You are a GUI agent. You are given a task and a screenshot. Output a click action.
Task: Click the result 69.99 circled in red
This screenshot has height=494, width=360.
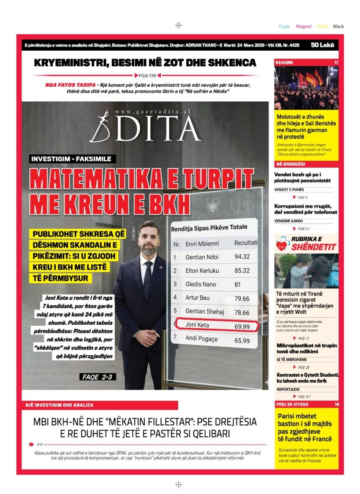pos(242,325)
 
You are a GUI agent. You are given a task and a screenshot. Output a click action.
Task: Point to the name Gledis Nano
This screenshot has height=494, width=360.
pos(201,284)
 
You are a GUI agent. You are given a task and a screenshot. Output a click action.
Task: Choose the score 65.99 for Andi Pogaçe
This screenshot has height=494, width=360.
pos(242,340)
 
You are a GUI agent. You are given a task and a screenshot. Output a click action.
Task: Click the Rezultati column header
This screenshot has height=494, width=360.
pos(246,242)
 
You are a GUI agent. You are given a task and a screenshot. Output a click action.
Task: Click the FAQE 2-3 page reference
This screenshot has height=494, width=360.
pos(98,377)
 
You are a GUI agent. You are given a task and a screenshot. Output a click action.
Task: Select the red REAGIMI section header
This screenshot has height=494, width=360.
pos(285,62)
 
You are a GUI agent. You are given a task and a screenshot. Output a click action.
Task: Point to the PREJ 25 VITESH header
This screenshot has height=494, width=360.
pos(292,404)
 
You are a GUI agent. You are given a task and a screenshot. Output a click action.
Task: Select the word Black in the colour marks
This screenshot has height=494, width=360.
pos(338,26)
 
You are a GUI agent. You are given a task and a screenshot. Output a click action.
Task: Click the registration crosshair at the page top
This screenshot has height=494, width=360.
pos(178,25)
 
